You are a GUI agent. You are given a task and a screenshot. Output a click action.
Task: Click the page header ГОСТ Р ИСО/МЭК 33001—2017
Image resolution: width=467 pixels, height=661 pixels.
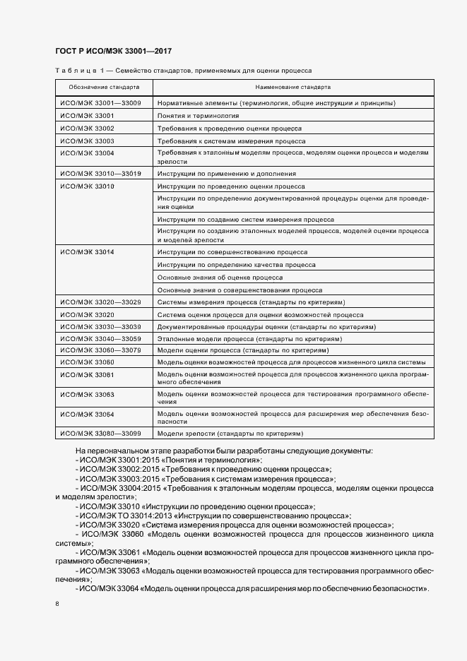pyautogui.click(x=113, y=51)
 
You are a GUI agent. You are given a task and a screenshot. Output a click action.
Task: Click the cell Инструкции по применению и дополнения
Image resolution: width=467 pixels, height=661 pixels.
pyautogui.click(x=227, y=174)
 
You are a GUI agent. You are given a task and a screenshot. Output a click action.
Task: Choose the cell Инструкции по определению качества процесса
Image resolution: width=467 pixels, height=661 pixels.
pyautogui.click(x=237, y=265)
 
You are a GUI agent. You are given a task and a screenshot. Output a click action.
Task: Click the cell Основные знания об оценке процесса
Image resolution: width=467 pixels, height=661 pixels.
pyautogui.click(x=220, y=278)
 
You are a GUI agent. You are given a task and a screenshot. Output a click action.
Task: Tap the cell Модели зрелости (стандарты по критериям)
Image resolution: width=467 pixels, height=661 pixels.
pyautogui.click(x=230, y=433)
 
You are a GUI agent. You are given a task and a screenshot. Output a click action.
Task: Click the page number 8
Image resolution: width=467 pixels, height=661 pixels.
pyautogui.click(x=57, y=604)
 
